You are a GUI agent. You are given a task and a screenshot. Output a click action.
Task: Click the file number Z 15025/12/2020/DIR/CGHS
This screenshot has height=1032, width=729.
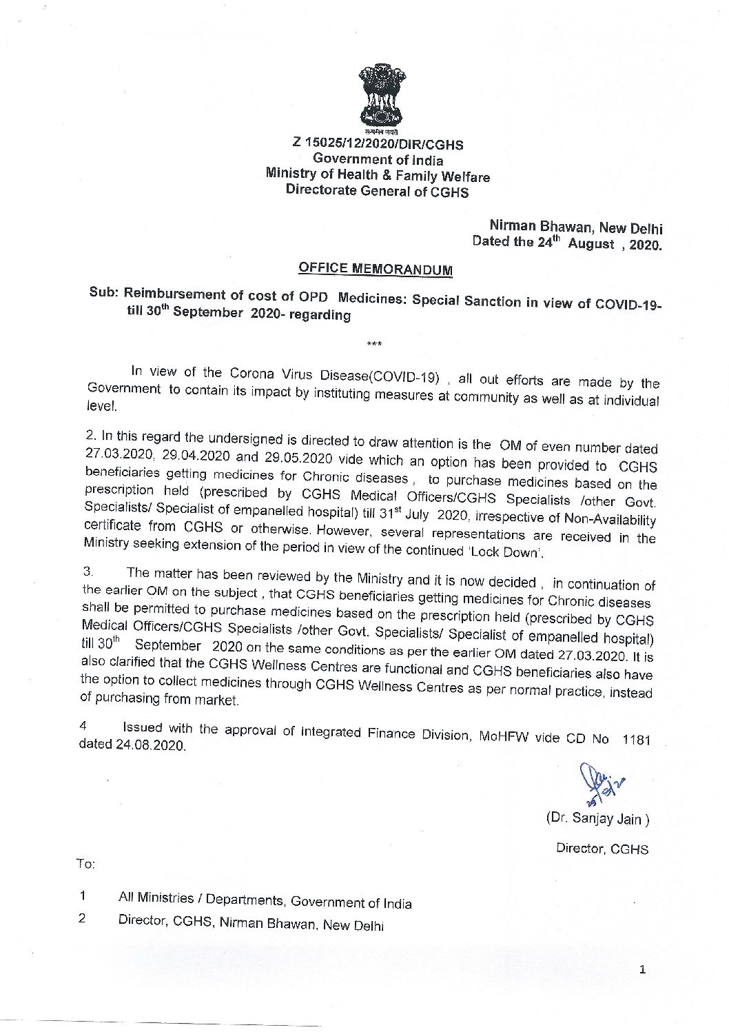[378, 145]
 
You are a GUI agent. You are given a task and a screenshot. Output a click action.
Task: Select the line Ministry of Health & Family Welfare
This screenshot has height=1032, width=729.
[378, 176]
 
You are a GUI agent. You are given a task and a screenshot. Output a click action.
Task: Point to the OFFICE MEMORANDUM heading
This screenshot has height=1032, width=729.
[376, 269]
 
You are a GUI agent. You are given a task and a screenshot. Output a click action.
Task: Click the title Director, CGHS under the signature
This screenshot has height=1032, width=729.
[602, 849]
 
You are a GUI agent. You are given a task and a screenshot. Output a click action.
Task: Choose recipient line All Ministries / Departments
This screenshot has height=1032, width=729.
[265, 900]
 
